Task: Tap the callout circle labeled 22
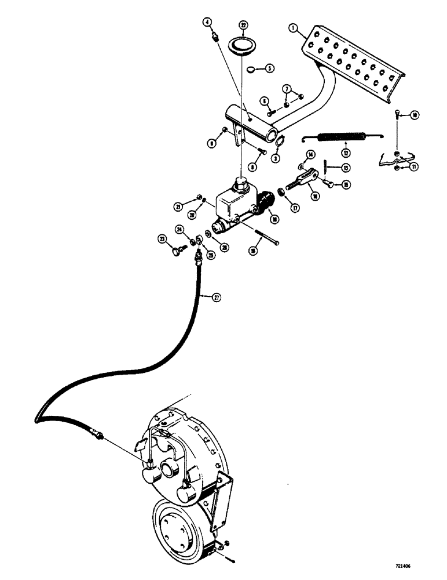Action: click(x=243, y=25)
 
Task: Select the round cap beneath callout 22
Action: click(x=243, y=45)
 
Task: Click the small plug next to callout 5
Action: click(x=251, y=69)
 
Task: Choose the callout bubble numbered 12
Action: click(x=346, y=153)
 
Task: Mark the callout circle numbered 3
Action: click(x=276, y=158)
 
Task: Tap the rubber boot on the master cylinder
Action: click(x=265, y=202)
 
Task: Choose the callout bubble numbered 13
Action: click(x=346, y=168)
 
